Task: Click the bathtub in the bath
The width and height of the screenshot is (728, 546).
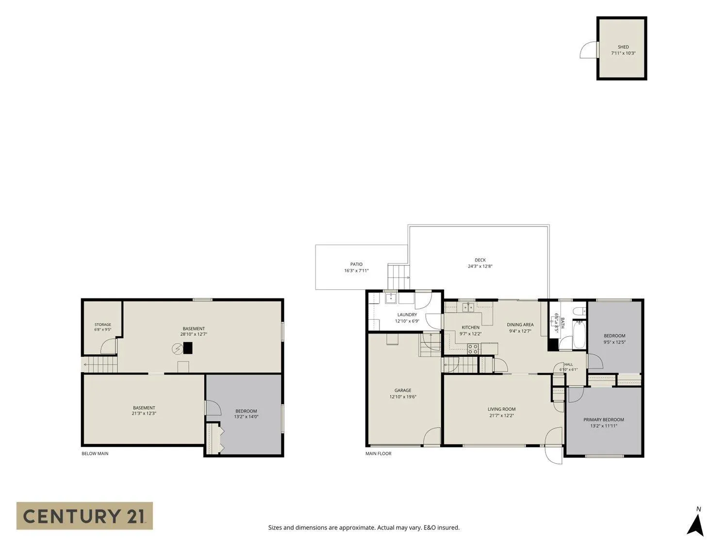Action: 579,334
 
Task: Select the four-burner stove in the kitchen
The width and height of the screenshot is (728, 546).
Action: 472,349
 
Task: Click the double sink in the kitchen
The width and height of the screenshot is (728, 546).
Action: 468,307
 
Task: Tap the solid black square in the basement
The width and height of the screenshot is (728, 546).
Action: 188,348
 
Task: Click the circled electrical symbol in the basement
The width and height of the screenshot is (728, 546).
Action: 177,348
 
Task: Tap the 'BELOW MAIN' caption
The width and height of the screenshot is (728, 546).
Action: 95,453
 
